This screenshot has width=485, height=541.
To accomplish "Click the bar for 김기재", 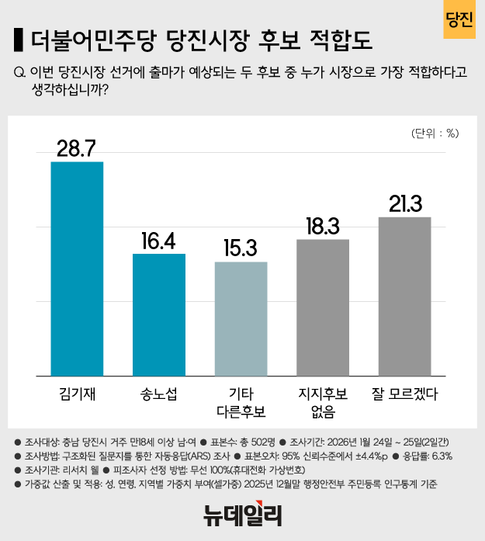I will tap(77, 269).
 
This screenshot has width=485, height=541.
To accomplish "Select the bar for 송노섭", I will tap(159, 314).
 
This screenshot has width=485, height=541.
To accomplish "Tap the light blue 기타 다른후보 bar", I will tap(241, 318).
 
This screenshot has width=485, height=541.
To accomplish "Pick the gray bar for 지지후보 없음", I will tap(323, 307).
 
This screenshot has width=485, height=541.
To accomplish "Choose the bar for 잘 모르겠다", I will tap(404, 297).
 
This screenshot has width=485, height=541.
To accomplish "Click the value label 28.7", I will tap(77, 147).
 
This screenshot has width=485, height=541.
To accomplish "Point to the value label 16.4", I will tap(159, 240).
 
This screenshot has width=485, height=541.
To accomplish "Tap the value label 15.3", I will tap(241, 248).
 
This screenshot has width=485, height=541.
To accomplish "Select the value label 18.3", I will tap(323, 226).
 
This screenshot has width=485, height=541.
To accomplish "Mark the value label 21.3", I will tap(404, 203).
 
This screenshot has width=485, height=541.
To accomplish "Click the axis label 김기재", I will tap(77, 394).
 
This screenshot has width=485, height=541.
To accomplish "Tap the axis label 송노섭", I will tap(159, 394).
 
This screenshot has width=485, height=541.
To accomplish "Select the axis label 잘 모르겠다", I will tap(404, 394).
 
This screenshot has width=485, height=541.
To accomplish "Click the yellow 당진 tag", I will tap(459, 21).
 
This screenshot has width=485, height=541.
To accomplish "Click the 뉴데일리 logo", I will tap(242, 514).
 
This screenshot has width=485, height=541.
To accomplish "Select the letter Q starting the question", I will tap(19, 73).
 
